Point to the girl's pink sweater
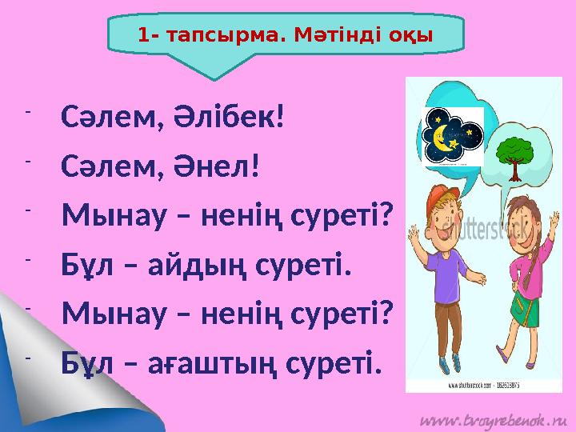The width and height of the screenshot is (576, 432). (512, 256)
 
